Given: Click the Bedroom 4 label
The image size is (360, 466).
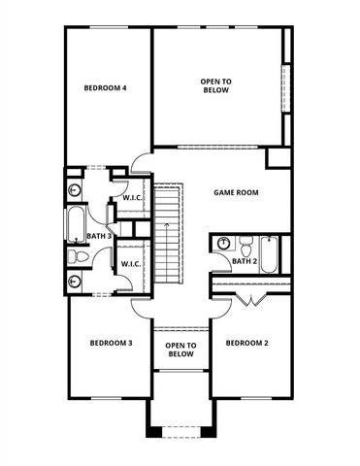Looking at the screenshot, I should [106, 88].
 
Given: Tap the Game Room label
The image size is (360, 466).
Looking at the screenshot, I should [236, 192].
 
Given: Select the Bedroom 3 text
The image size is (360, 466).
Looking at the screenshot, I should [111, 343].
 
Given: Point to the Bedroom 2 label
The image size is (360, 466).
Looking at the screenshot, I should [246, 343].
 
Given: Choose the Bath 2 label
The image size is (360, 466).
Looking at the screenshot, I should [245, 261].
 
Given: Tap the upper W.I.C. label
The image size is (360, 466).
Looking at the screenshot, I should [132, 199].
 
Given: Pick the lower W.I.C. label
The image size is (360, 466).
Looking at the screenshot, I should [132, 262].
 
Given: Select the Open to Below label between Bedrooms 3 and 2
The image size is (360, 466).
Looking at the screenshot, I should [180, 349].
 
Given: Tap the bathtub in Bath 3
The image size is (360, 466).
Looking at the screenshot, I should [76, 223].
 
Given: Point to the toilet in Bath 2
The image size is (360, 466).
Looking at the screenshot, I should [246, 243].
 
